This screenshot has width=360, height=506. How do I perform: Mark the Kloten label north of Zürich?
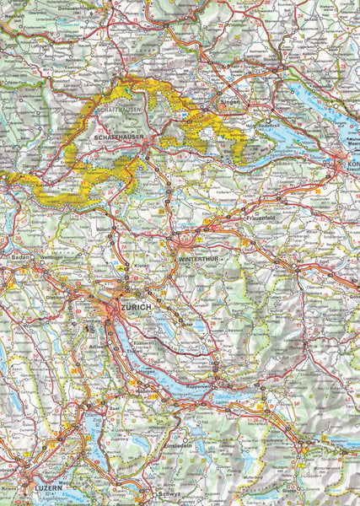click(144, 265)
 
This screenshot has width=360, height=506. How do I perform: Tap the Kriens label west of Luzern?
click(8, 488)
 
